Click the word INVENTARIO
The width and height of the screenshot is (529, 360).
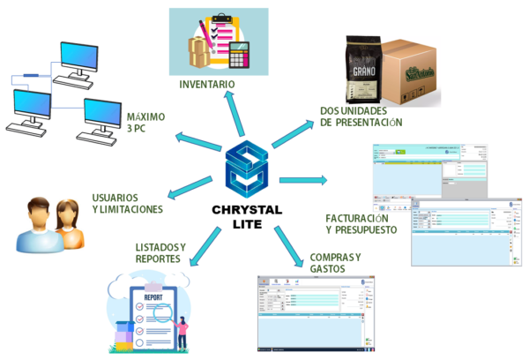pyautogui.click(x=207, y=85)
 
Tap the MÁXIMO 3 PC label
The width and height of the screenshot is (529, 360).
pyautogui.click(x=145, y=123)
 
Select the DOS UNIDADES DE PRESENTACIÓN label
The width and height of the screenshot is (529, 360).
pyautogui.click(x=361, y=116)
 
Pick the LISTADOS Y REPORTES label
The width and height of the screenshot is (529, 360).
pyautogui.click(x=160, y=252)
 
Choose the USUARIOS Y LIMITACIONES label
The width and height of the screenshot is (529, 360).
pyautogui.click(x=127, y=203)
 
